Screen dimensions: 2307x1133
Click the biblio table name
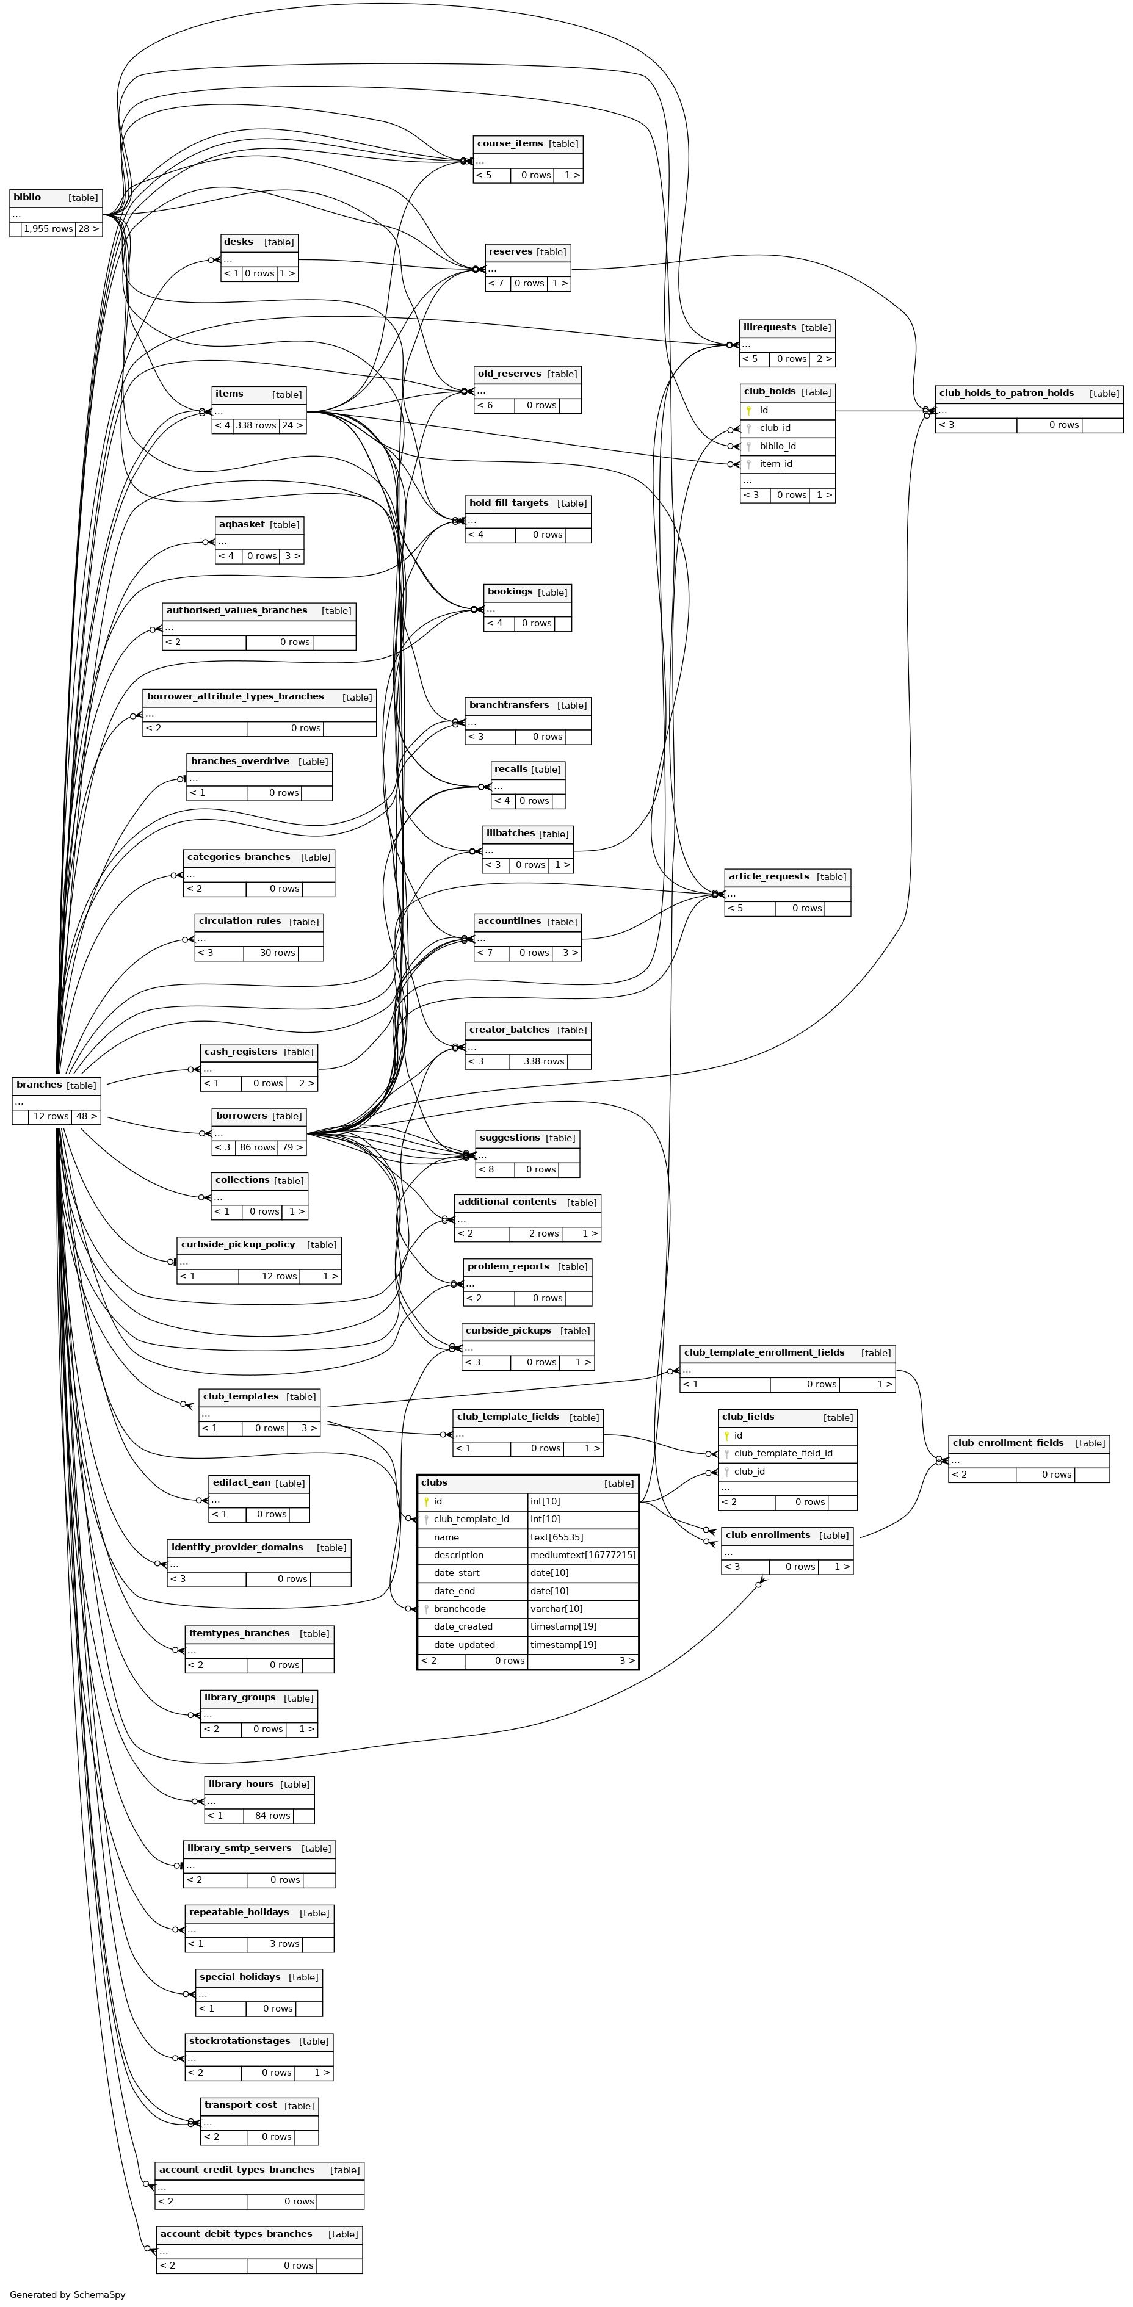27,197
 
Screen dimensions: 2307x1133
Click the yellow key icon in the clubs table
426,1501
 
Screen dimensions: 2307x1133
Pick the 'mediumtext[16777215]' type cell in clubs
582,1554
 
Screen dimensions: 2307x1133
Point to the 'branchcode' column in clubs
460,1608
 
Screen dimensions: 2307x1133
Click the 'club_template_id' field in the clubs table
471,1519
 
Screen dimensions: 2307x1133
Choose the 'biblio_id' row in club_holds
778,446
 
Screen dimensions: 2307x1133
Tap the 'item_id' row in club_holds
776,464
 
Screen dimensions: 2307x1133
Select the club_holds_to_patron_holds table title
1006,393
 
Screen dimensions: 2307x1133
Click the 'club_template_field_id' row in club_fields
783,1453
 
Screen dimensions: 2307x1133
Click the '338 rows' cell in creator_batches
544,1061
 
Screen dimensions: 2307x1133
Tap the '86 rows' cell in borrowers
257,1147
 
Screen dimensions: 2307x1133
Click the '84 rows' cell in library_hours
272,1815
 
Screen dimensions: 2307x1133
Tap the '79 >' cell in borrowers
292,1147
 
